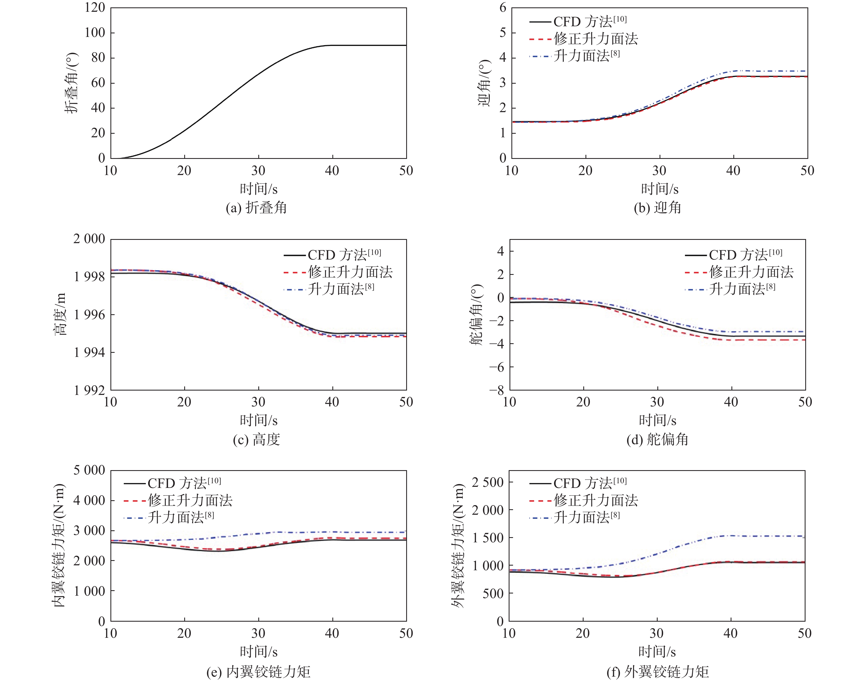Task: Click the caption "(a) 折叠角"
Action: pos(256,208)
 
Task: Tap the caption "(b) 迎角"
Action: pos(657,208)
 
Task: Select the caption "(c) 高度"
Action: pos(256,440)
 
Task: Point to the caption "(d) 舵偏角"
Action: pos(657,440)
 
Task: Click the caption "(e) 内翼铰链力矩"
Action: pos(258,672)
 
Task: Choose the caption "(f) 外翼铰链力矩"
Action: pos(657,672)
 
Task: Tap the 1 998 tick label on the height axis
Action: pos(89,276)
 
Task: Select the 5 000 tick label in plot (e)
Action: pos(89,470)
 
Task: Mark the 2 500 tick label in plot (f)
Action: pos(488,482)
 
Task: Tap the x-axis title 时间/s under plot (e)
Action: pos(259,651)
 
